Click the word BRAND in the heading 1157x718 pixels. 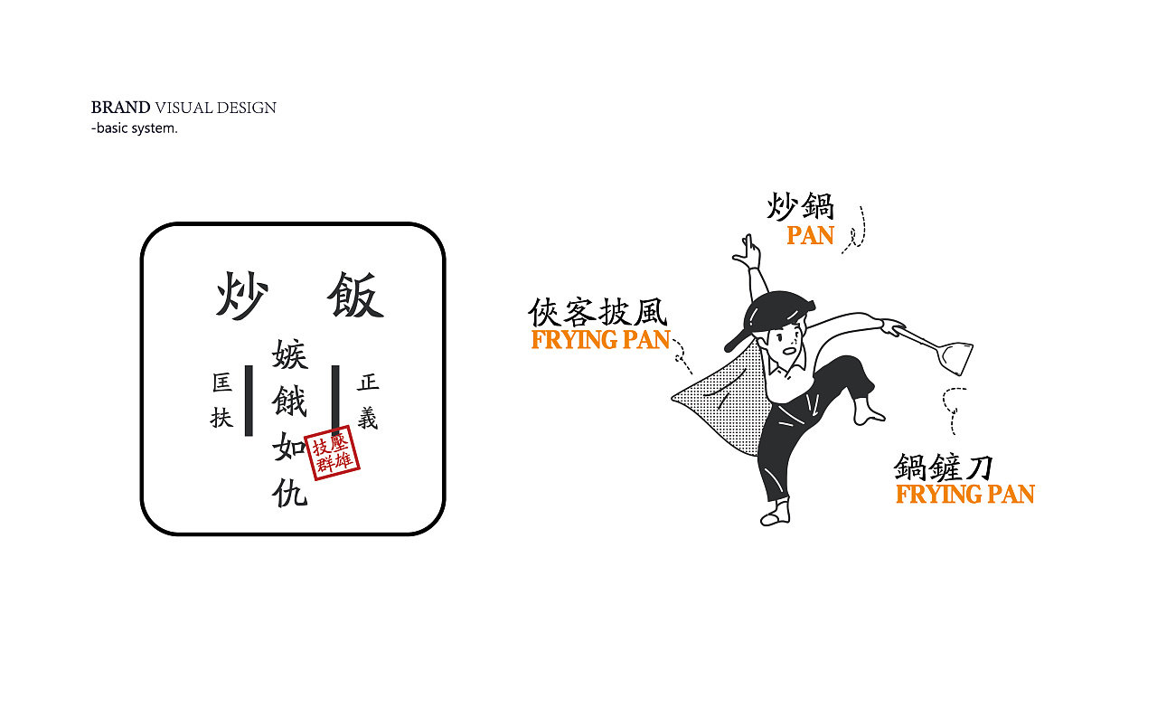coord(120,108)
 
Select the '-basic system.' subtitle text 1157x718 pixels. coord(135,128)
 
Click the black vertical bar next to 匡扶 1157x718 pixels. coord(249,401)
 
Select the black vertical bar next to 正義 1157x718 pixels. coord(335,401)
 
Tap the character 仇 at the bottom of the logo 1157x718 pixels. coord(290,491)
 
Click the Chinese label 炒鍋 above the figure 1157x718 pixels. coord(800,205)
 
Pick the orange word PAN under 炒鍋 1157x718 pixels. coord(810,235)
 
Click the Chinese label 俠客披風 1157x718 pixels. coord(597,313)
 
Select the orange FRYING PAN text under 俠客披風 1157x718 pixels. coord(600,340)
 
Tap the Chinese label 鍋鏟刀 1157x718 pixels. coord(944,468)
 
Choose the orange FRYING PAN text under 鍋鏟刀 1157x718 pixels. coord(964,495)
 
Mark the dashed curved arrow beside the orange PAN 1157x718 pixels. coord(856,230)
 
